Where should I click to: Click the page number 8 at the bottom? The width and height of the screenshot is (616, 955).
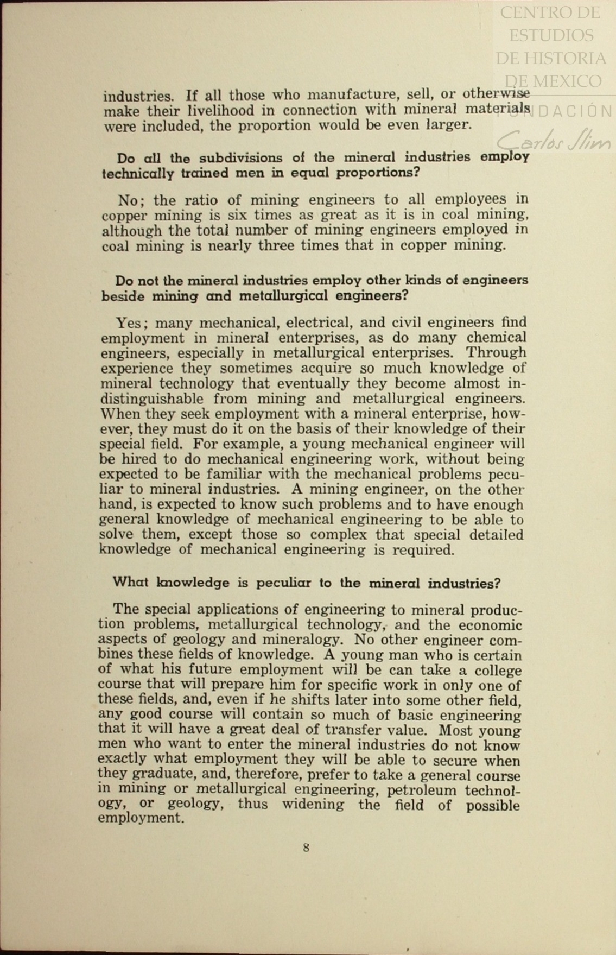pyautogui.click(x=306, y=848)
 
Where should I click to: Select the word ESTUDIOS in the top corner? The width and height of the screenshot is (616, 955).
pyautogui.click(x=551, y=35)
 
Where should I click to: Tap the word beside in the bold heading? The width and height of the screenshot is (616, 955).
pyautogui.click(x=123, y=296)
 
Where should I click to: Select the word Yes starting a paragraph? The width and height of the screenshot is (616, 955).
pyautogui.click(x=130, y=323)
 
